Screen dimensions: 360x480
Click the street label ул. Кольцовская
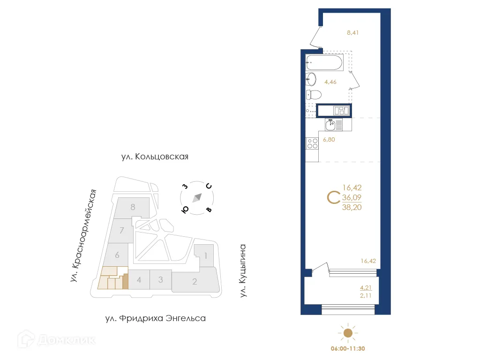point(154,157)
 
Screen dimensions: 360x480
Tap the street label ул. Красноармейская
point(84,236)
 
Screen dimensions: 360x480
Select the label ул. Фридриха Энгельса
point(155,319)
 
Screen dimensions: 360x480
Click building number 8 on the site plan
point(133,207)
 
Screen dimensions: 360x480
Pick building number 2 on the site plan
point(195,282)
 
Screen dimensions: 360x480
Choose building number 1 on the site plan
point(205,256)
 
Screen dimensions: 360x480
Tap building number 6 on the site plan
point(117,255)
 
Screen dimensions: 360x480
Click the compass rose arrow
point(197,197)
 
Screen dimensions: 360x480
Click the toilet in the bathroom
point(314,95)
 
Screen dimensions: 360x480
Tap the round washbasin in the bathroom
point(311,79)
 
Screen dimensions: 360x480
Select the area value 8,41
point(352,33)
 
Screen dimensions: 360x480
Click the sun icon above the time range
point(347,333)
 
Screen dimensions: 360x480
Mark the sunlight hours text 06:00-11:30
point(347,349)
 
